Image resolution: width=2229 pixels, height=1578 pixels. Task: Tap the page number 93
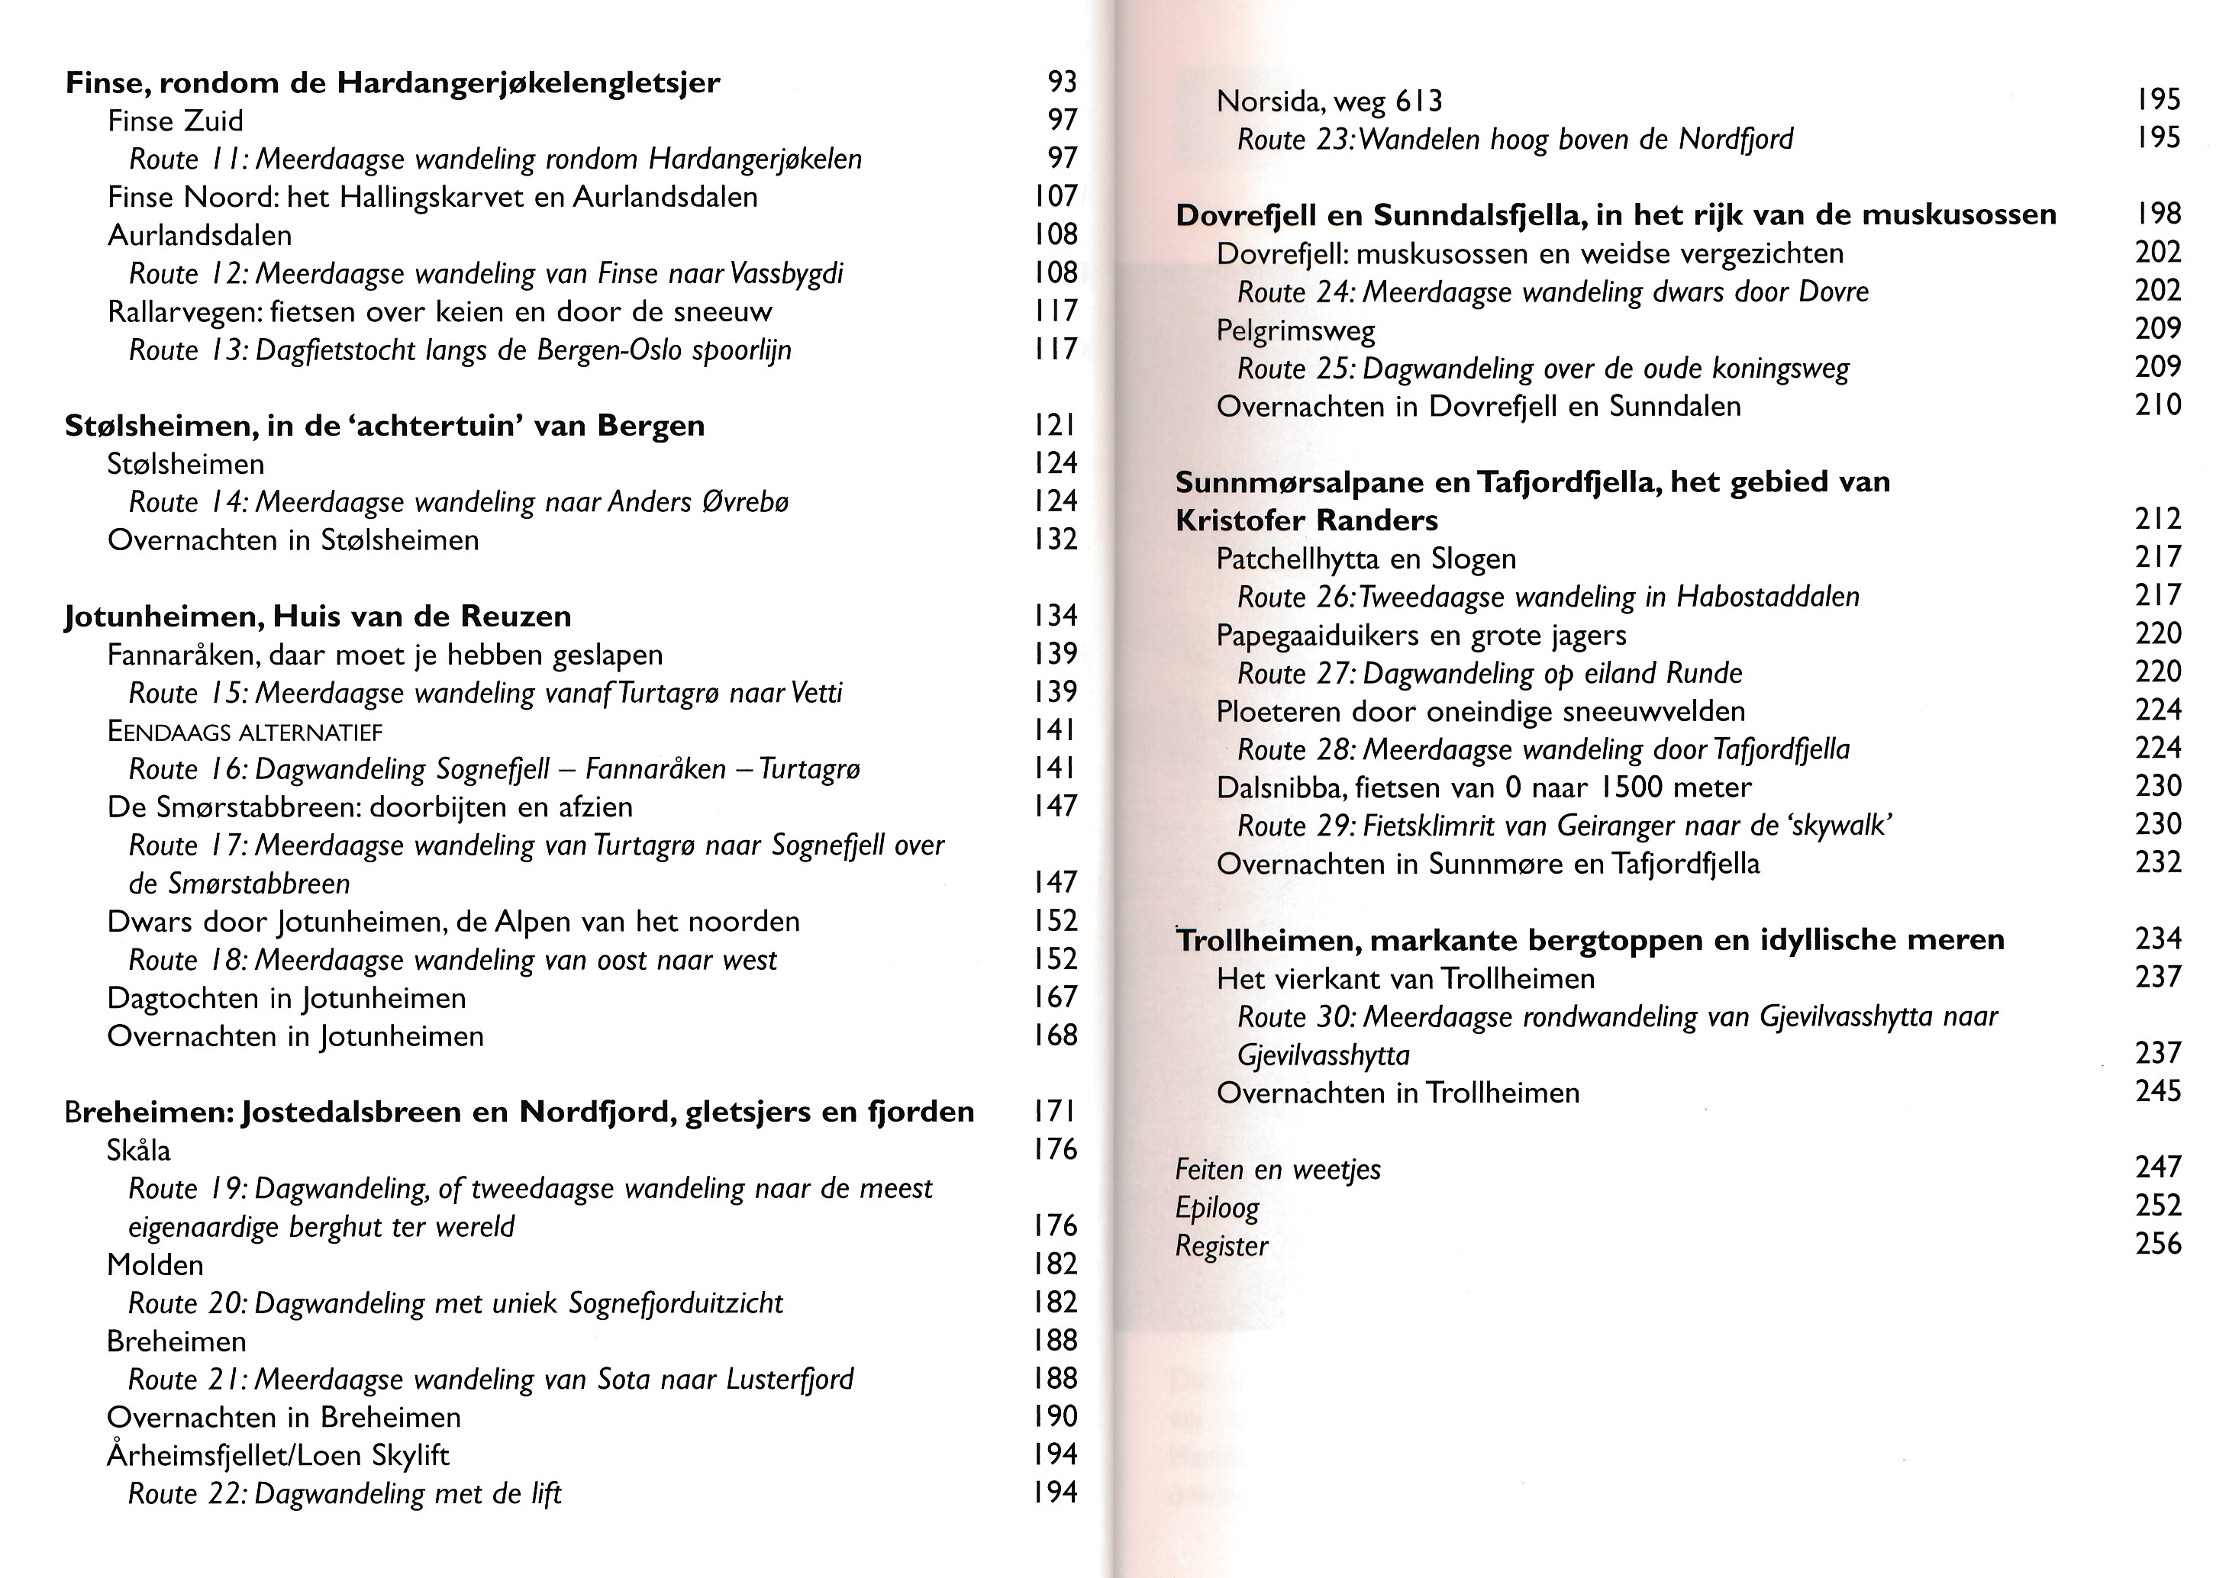pos(1063,82)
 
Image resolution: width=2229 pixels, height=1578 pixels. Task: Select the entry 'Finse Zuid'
pos(175,121)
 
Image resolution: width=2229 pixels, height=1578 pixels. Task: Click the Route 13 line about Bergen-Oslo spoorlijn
pos(460,349)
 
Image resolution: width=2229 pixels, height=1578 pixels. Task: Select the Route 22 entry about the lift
pos(345,1493)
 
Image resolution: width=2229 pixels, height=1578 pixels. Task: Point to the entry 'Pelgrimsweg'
pos(1295,331)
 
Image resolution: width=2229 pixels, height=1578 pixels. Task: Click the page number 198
pos(2158,214)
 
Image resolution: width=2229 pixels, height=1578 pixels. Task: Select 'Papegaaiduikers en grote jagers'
pos(1420,636)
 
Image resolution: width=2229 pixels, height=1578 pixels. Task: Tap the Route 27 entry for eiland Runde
pos(1489,673)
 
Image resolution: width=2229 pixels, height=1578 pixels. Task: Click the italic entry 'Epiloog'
pos(1217,1208)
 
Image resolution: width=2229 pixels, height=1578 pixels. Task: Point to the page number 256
pos(2158,1244)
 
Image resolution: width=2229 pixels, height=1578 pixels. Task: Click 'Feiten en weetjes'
pos(1277,1170)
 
